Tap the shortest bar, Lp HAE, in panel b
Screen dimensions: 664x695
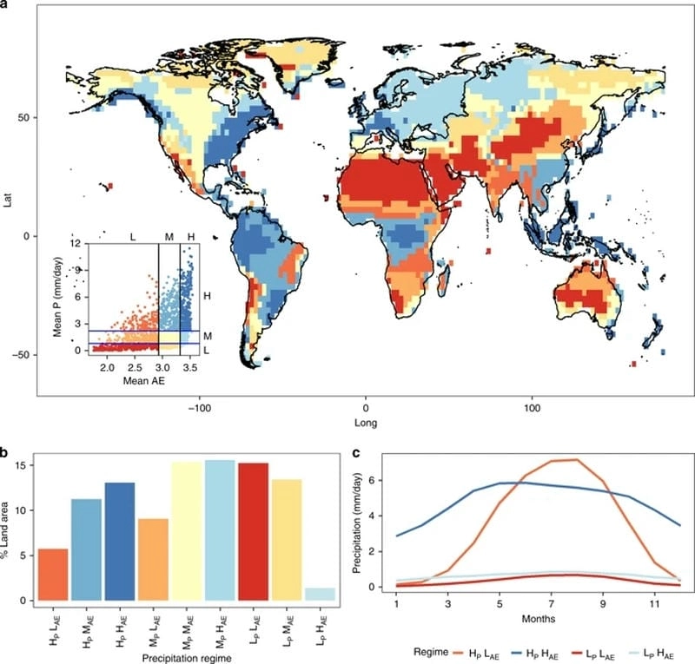321,595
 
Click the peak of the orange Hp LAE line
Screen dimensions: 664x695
575,459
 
